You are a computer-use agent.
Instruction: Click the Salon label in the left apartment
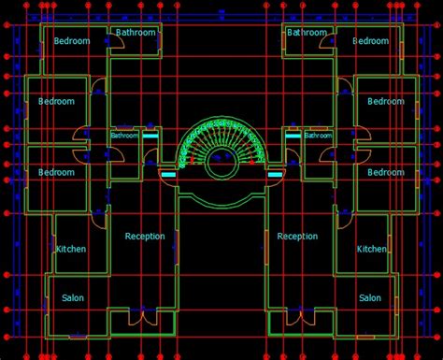pyautogui.click(x=72, y=297)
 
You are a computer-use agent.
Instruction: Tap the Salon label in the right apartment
pyautogui.click(x=370, y=297)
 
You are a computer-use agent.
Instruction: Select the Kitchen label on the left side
pyautogui.click(x=71, y=249)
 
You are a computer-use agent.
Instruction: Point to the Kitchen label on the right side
pyautogui.click(x=371, y=249)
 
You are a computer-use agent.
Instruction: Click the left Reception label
pyautogui.click(x=145, y=237)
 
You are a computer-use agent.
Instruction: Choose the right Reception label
pyautogui.click(x=297, y=237)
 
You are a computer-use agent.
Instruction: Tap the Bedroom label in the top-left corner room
pyautogui.click(x=72, y=41)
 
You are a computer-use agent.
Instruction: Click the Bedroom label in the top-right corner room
pyautogui.click(x=370, y=41)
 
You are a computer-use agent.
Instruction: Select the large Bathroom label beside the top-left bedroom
pyautogui.click(x=136, y=33)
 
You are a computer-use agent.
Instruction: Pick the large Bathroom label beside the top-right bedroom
pyautogui.click(x=307, y=33)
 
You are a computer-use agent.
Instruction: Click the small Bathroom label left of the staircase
pyautogui.click(x=123, y=136)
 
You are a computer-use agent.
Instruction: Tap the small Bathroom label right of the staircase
pyautogui.click(x=318, y=136)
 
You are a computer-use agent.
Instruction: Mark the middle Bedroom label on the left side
pyautogui.click(x=56, y=101)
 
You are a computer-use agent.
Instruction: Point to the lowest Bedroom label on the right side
pyautogui.click(x=385, y=172)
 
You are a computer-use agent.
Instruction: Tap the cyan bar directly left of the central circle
pyautogui.click(x=168, y=174)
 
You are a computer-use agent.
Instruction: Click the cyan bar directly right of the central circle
pyautogui.click(x=275, y=174)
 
